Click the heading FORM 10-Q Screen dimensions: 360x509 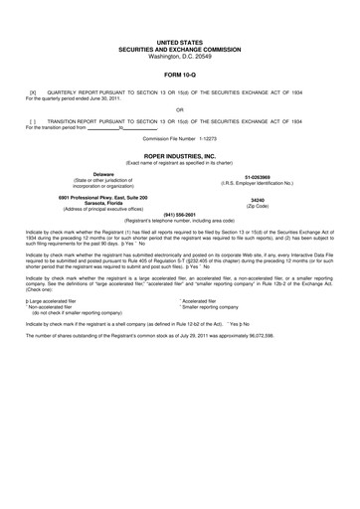[179, 75]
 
